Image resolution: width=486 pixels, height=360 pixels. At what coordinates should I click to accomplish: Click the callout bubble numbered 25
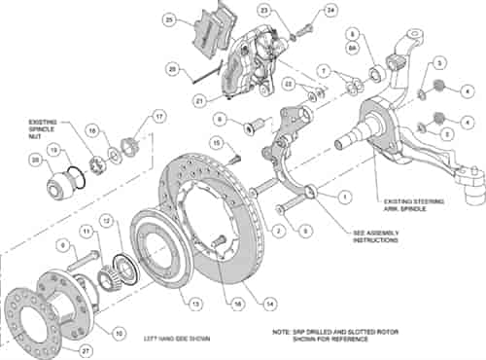tap(170, 19)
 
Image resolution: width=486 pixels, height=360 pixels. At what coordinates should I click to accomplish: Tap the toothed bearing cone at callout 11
tap(104, 259)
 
